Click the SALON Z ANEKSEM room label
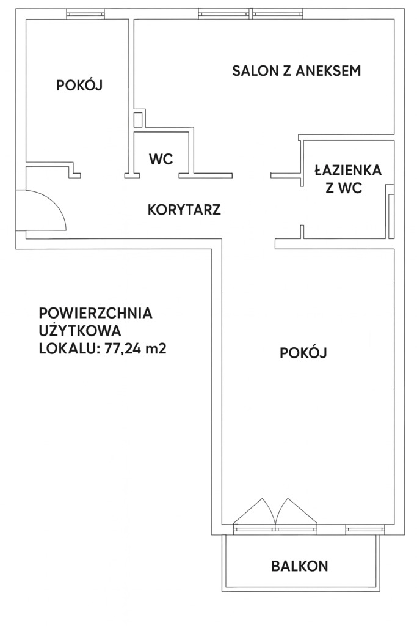coord(297,71)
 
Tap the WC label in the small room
coord(161,160)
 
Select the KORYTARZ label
coord(184,210)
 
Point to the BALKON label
coord(300,566)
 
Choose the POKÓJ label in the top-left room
coord(79,86)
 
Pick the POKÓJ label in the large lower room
coord(303,353)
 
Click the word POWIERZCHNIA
coord(95,314)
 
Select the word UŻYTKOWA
coord(79,332)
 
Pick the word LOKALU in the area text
coord(63,350)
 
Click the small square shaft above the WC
coord(139,119)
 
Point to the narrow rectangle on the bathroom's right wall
coord(391,216)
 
